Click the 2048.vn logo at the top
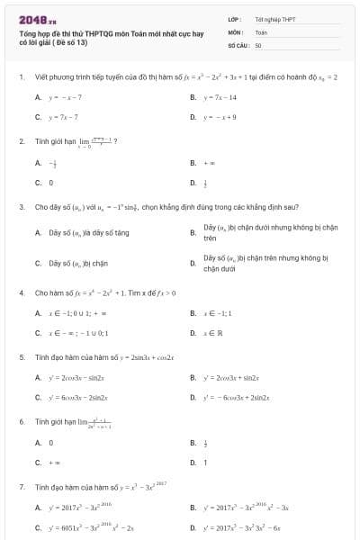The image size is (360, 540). tap(37, 18)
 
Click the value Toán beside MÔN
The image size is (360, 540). tap(262, 31)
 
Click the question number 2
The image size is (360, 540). tap(22, 141)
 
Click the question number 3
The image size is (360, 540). tap(22, 207)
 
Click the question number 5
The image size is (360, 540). tap(22, 357)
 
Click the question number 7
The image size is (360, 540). tap(22, 486)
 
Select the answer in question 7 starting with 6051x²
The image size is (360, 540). tap(90, 526)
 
